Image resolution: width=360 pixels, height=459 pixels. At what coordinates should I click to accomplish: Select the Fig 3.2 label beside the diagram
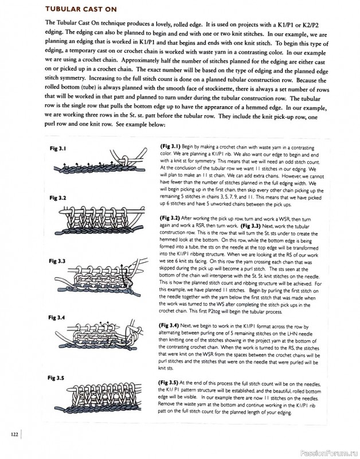(58, 198)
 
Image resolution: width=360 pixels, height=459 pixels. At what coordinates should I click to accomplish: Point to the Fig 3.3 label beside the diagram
(58, 261)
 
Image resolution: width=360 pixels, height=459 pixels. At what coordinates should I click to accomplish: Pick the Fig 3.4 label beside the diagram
(58, 317)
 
